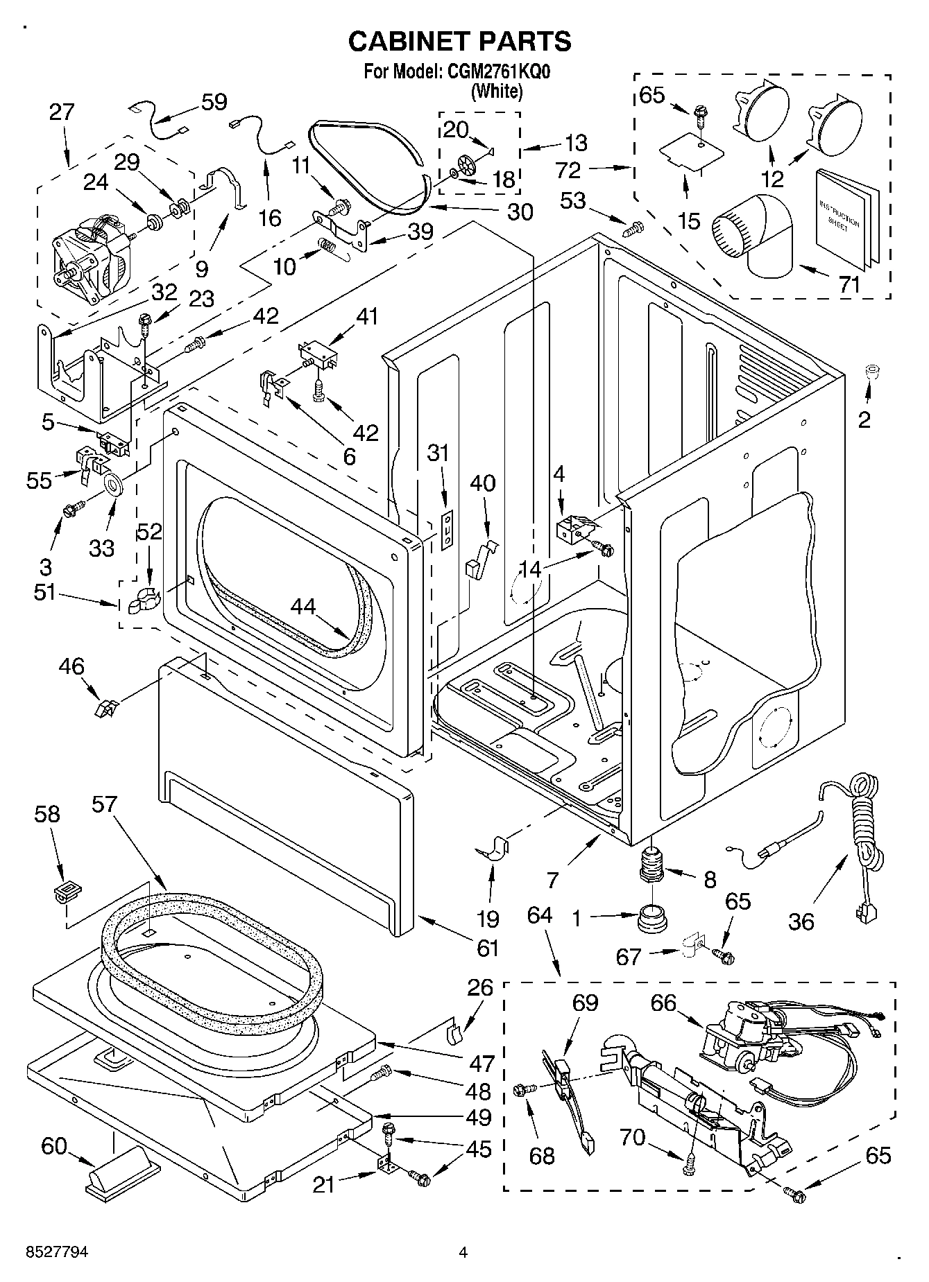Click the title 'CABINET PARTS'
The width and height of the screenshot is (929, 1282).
point(459,42)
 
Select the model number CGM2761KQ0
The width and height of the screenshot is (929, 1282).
point(496,72)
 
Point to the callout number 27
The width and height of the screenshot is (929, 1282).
point(62,112)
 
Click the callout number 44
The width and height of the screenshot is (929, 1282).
point(303,607)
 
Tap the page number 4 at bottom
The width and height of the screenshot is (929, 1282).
point(463,1252)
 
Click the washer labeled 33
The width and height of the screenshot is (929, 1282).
point(113,484)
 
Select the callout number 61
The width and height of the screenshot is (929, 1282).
point(488,946)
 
